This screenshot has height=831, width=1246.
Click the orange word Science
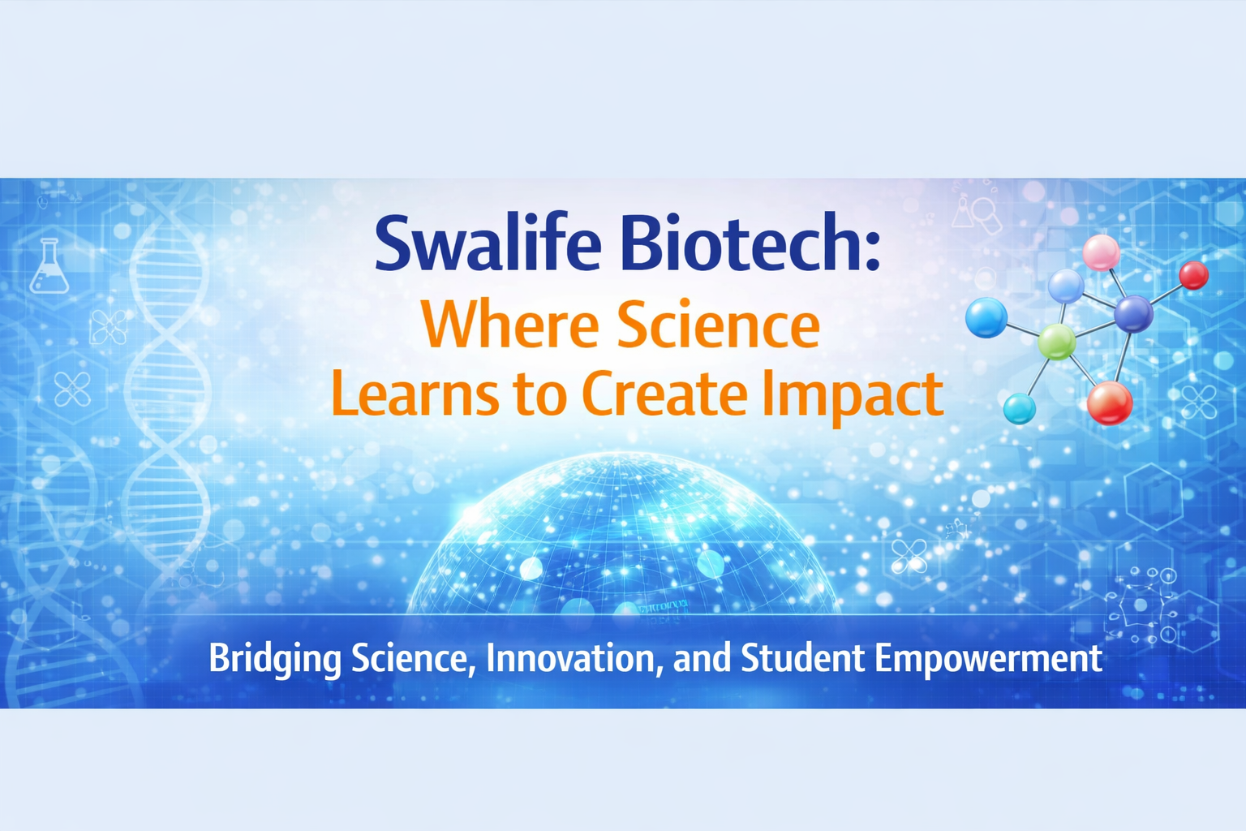(x=718, y=324)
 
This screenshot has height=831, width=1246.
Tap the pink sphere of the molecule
(x=1102, y=252)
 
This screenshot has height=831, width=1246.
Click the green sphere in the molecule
(x=1057, y=342)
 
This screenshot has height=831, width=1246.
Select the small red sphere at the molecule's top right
(x=1194, y=275)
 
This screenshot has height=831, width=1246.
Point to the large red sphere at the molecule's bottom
(x=1110, y=403)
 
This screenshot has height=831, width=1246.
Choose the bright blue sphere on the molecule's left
(x=986, y=318)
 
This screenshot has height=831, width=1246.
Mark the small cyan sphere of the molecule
(x=1019, y=409)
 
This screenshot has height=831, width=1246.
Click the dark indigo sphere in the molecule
(x=1133, y=315)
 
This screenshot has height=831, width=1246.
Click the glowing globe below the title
(x=623, y=534)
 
